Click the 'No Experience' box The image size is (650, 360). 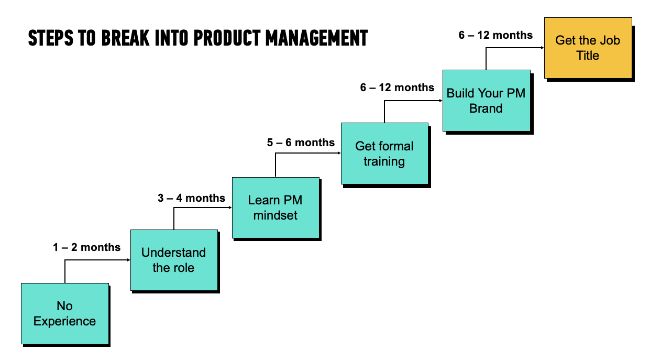coord(64,313)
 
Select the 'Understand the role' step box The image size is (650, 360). coord(173,260)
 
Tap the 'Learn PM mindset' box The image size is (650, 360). coord(275,208)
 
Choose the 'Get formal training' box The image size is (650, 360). coord(384,153)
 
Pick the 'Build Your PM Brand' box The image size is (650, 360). coord(486,100)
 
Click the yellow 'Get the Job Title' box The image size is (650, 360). coord(587,48)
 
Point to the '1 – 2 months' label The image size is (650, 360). coord(86,247)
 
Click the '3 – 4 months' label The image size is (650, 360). coord(191,198)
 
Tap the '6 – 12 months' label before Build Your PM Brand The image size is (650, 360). coord(397,88)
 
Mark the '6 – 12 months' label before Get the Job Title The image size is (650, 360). coord(495,35)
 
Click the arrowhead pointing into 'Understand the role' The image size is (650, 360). coord(127,260)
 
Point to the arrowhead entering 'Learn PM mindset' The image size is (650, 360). coord(229,208)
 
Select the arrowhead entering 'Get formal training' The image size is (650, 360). coord(338,153)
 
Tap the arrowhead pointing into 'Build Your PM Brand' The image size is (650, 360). coord(439,101)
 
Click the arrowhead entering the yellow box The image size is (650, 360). coord(541,48)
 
